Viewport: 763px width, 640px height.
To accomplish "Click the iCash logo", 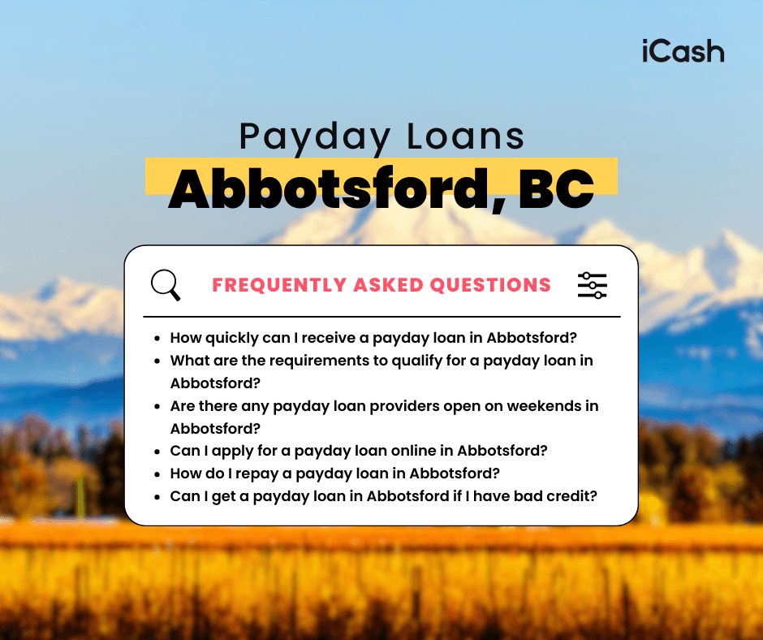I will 681,51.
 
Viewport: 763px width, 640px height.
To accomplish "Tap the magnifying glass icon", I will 166,285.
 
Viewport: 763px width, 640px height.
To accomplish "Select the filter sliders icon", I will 592,285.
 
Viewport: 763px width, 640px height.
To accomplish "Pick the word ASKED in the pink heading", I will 388,285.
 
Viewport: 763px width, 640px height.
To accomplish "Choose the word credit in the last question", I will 573,495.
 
